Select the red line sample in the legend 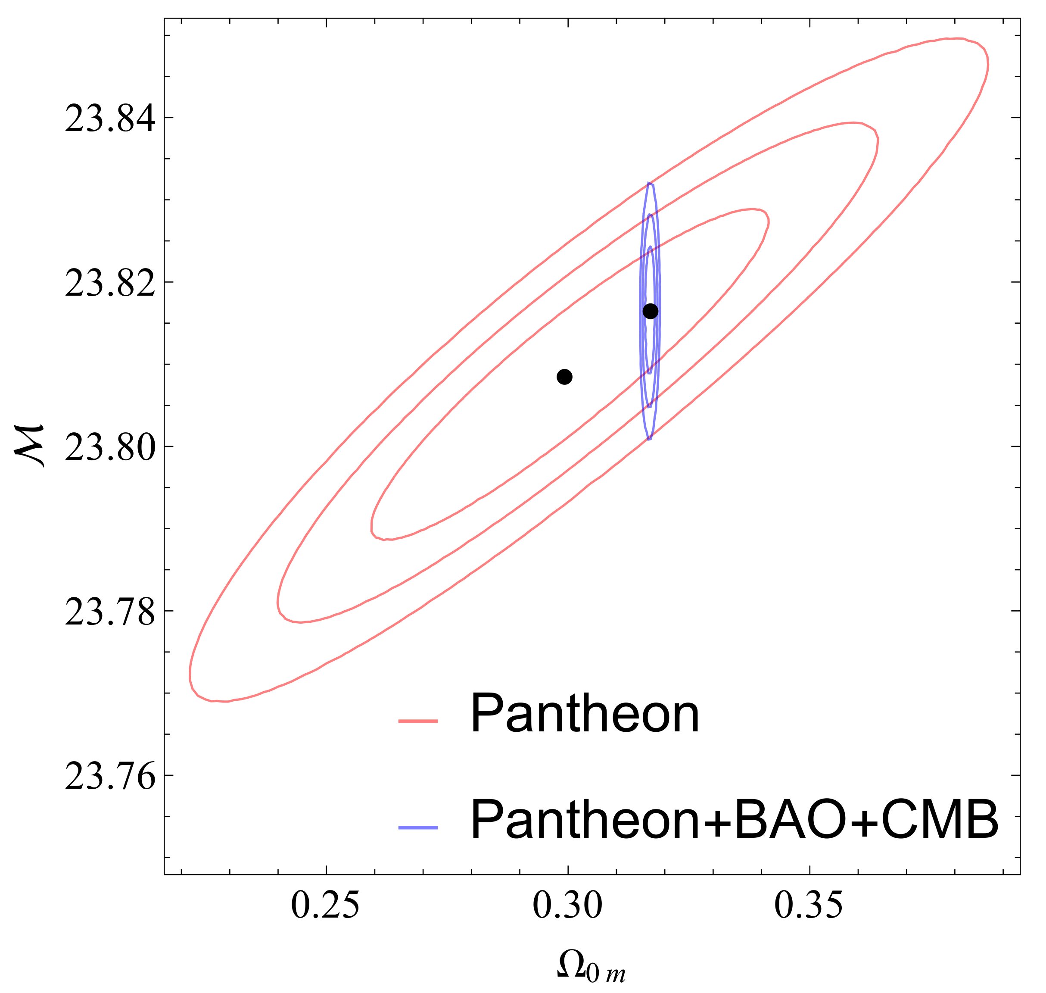(x=418, y=721)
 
